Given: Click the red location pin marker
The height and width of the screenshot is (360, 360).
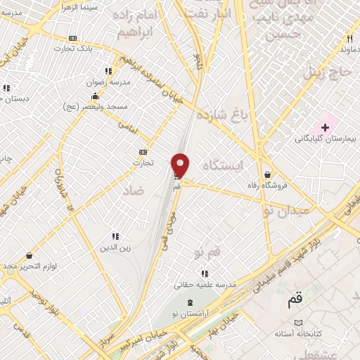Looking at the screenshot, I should click(181, 165).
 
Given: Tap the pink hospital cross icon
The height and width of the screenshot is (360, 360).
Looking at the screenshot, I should click(325, 127).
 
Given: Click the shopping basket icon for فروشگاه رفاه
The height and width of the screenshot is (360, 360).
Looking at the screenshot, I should click(268, 174).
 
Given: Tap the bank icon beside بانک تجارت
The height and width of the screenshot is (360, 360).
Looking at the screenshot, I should click(74, 38).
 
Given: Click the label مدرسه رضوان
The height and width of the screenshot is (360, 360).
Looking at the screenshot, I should click(105, 82).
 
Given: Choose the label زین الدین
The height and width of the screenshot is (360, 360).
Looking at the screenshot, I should click(113, 247).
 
